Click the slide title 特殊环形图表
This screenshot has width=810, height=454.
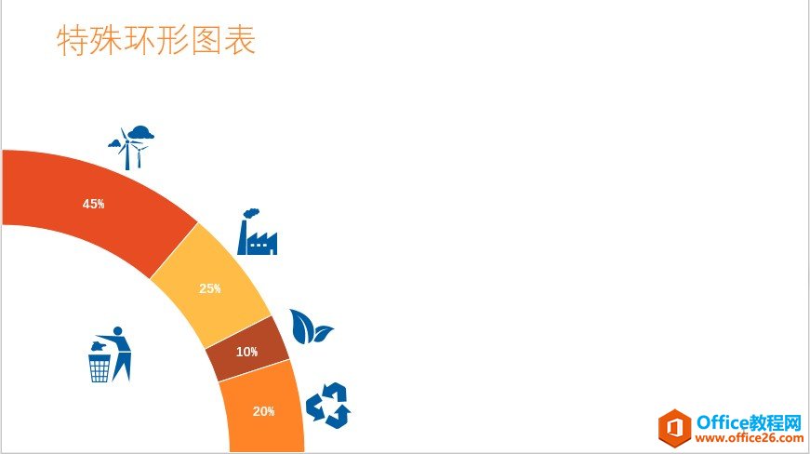pyautogui.click(x=156, y=40)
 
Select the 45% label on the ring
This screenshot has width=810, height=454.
pyautogui.click(x=94, y=204)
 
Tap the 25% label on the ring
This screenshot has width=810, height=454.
pyautogui.click(x=210, y=288)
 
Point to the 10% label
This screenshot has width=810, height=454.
pyautogui.click(x=246, y=352)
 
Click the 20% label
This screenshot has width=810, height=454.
pyautogui.click(x=264, y=411)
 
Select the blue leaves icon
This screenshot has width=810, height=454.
pyautogui.click(x=310, y=327)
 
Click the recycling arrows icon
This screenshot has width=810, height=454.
pyautogui.click(x=328, y=406)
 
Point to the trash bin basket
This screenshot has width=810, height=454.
pyautogui.click(x=100, y=367)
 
